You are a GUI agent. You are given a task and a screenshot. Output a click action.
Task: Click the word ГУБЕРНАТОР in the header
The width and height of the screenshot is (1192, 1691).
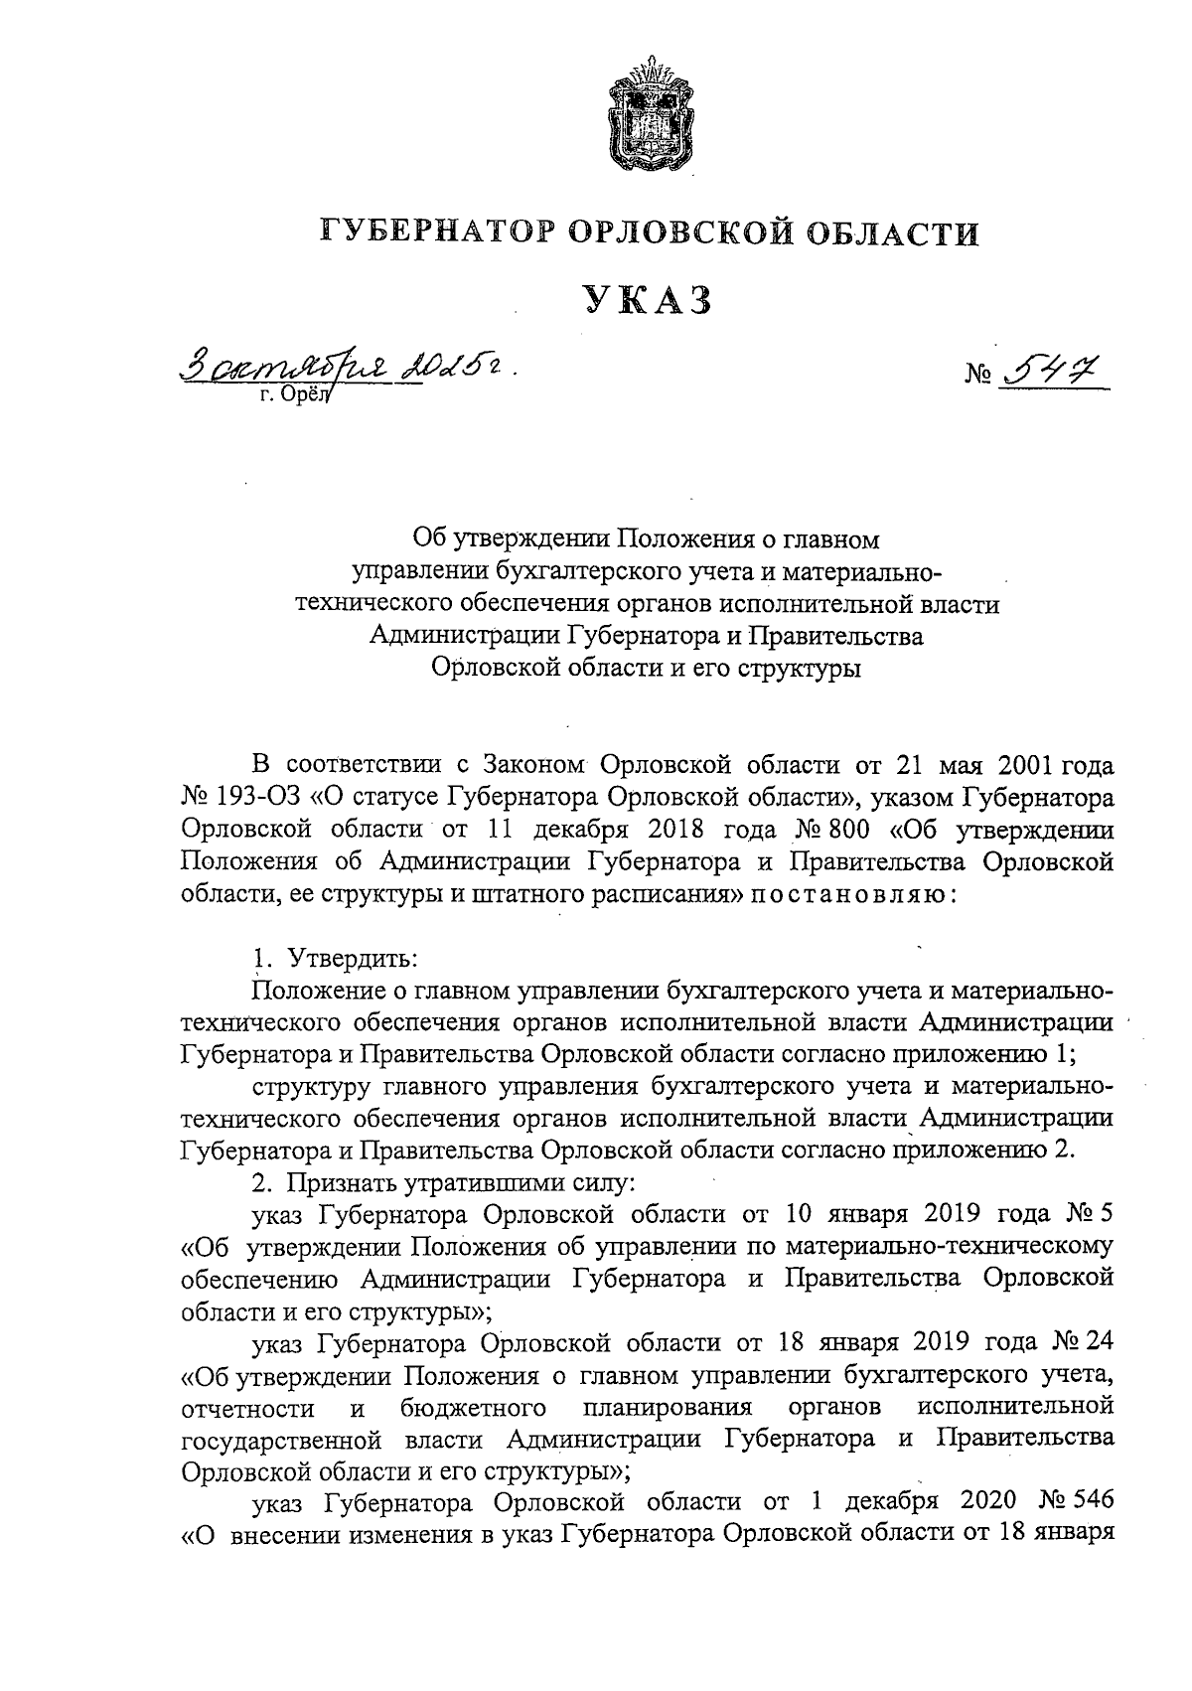(x=436, y=234)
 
